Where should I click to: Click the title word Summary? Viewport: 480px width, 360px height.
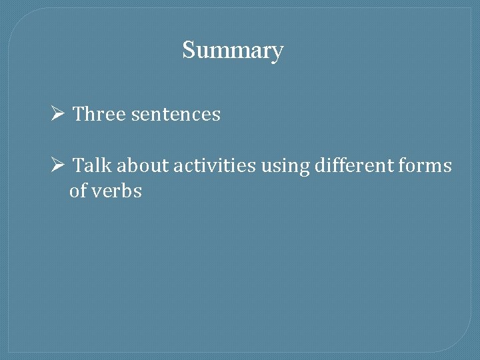click(x=233, y=50)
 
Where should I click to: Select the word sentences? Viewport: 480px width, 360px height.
click(x=175, y=115)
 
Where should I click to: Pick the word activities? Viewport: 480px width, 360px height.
click(x=214, y=165)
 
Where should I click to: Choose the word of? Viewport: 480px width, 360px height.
click(x=78, y=191)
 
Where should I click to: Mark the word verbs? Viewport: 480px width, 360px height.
click(x=117, y=191)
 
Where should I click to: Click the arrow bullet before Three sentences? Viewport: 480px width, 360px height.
click(x=57, y=114)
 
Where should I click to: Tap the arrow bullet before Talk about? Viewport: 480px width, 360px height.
click(x=57, y=165)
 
